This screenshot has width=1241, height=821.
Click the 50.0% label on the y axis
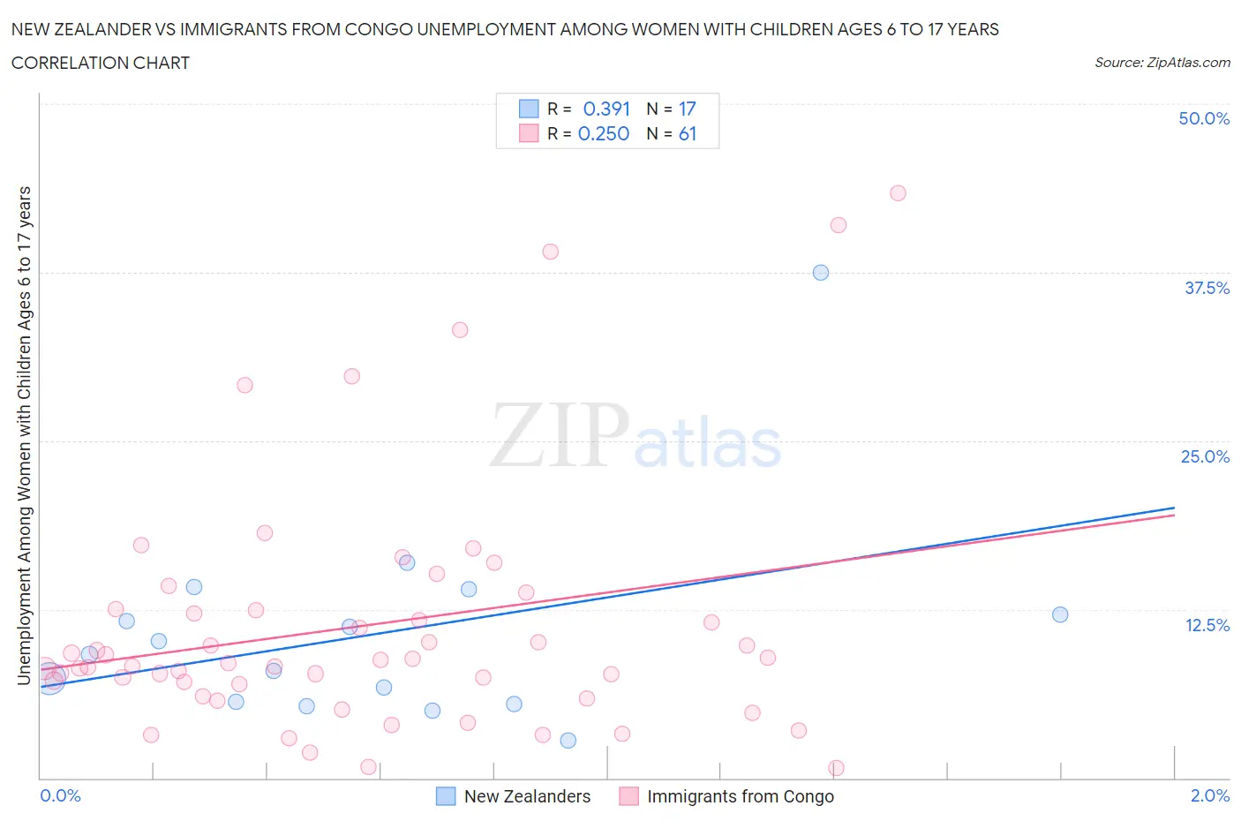click(x=1204, y=118)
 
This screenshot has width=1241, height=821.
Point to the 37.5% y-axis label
click(x=1207, y=288)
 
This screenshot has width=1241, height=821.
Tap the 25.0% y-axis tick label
click(x=1205, y=456)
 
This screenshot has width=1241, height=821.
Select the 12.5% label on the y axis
click(x=1207, y=625)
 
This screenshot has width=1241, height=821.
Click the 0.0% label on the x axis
click(x=60, y=795)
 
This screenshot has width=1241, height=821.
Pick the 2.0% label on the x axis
click(x=1209, y=795)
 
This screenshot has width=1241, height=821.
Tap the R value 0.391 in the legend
click(x=606, y=109)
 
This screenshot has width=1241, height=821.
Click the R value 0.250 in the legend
click(x=604, y=133)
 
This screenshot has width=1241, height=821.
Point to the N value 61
click(x=688, y=133)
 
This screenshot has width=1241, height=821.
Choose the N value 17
click(x=688, y=109)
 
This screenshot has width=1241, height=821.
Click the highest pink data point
click(x=898, y=193)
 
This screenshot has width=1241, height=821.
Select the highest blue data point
click(x=821, y=273)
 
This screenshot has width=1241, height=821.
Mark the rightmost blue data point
click(x=1060, y=614)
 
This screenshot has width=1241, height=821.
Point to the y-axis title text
click(x=24, y=436)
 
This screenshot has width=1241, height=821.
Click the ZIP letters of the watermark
click(x=559, y=434)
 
